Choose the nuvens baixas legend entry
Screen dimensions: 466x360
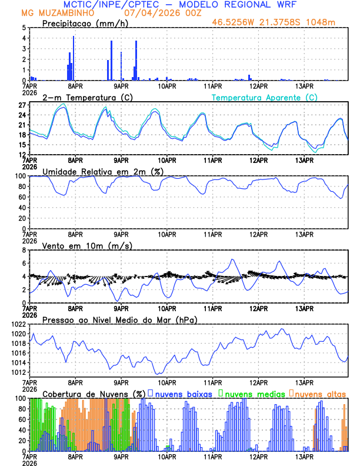pyautogui.click(x=183, y=393)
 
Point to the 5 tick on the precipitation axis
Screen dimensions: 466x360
pyautogui.click(x=24, y=28)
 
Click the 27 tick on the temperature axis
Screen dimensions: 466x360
pyautogui.click(x=22, y=105)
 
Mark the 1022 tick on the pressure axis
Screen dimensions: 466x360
pyautogui.click(x=19, y=324)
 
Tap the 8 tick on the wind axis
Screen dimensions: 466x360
pyautogui.click(x=24, y=250)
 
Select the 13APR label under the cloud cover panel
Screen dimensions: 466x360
pyautogui.click(x=304, y=457)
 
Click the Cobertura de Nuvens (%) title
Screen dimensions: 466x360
pyautogui.click(x=94, y=393)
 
